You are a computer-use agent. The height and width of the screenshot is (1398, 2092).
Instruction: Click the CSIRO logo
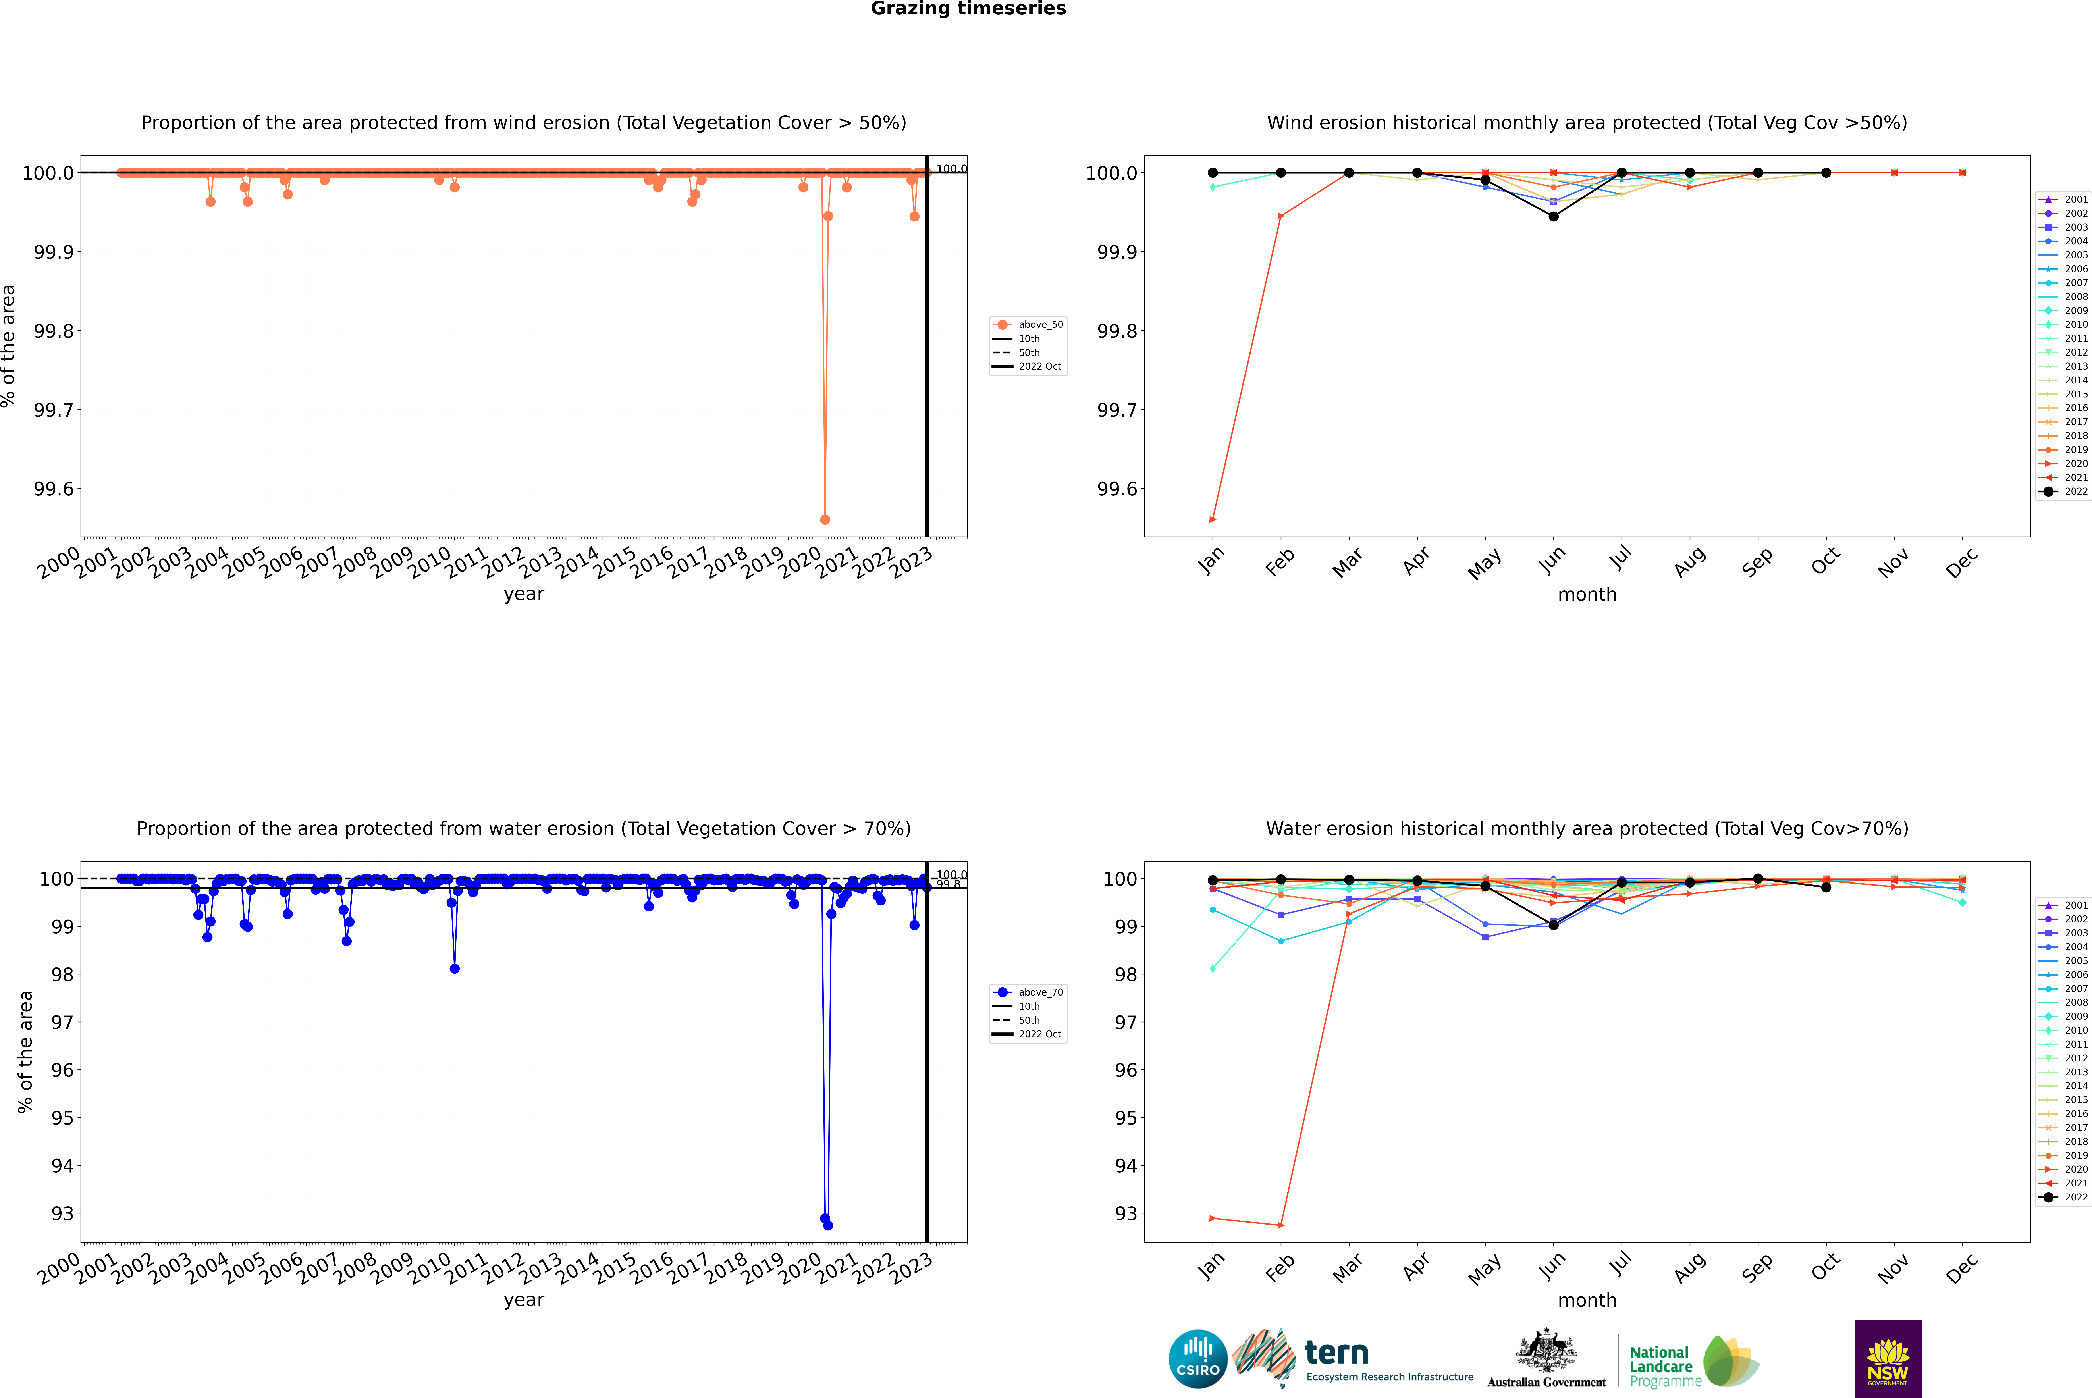1198,1359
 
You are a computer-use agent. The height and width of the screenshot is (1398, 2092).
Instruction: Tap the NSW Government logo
1888,1359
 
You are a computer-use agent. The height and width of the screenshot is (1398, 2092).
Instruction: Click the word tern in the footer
1336,1354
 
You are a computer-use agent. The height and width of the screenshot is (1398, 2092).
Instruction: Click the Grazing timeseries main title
968,9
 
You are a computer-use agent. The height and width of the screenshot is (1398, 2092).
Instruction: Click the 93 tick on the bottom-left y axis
62,1213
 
